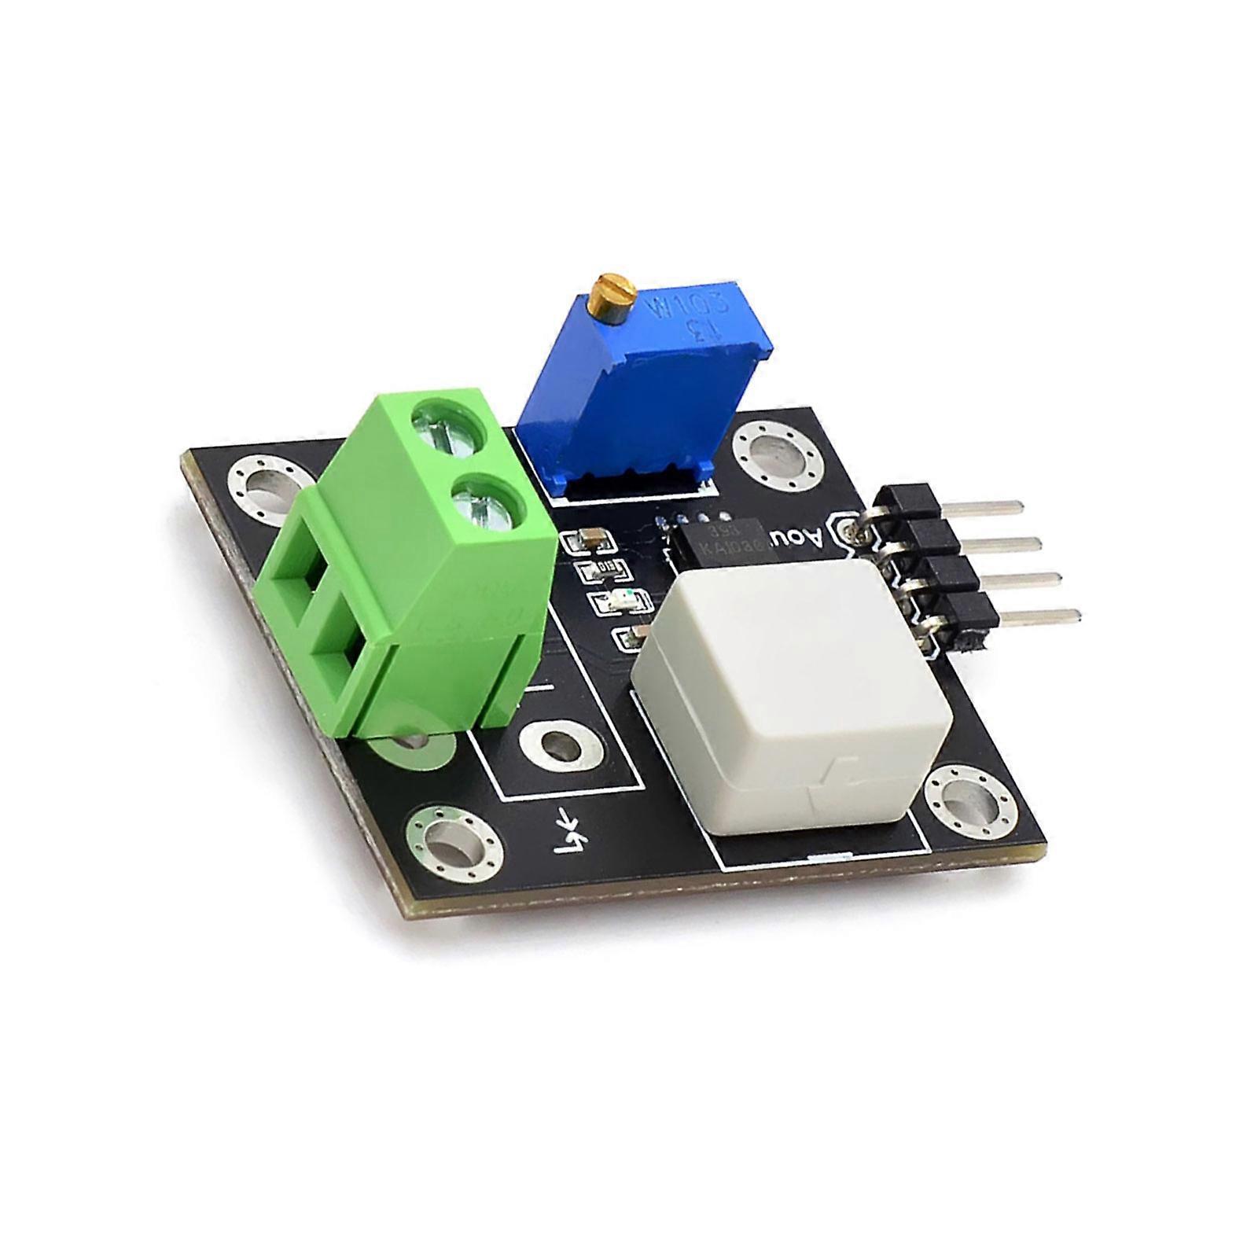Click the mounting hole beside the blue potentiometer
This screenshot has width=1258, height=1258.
(774, 454)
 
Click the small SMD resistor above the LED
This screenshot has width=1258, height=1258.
(604, 568)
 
